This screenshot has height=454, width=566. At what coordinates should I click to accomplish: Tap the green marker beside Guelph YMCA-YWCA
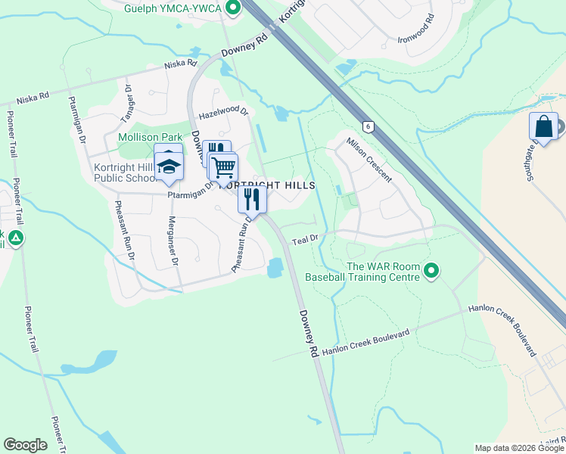[232, 8]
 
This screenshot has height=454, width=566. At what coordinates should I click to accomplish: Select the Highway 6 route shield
[367, 126]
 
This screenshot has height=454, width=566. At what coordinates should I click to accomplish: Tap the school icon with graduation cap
[169, 165]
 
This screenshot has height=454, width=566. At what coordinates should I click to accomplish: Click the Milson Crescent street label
[369, 160]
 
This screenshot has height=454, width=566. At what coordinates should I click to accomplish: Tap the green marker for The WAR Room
[431, 270]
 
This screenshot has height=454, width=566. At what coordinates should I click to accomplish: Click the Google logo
[25, 445]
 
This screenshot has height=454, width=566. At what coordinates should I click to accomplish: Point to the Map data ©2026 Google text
[518, 448]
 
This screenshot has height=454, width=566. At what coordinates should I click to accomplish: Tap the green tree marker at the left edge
[15, 239]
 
